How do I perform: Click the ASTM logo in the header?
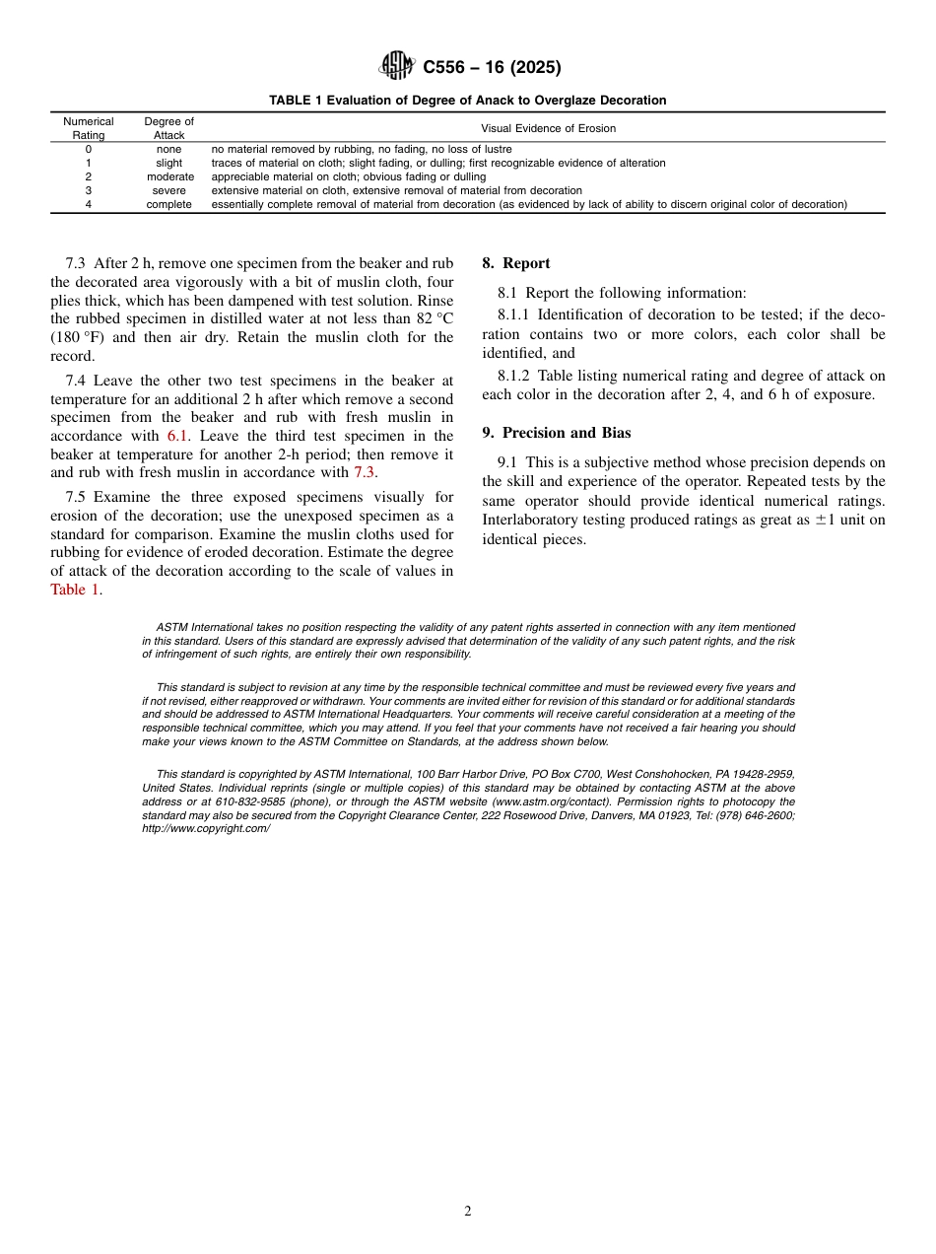(x=397, y=67)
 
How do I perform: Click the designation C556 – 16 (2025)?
(x=492, y=68)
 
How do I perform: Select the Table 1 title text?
(x=468, y=101)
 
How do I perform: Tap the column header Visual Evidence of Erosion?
(x=548, y=128)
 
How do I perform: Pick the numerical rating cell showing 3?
(x=89, y=190)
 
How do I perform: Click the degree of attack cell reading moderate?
(x=169, y=176)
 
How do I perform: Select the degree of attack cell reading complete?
(x=169, y=204)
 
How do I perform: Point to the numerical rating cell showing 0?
(x=89, y=149)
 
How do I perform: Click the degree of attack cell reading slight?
(x=169, y=163)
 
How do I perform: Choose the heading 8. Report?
(x=516, y=263)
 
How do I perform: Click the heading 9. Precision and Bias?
(x=557, y=433)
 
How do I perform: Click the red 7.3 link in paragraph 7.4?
(x=365, y=472)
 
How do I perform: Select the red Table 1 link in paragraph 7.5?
(x=75, y=590)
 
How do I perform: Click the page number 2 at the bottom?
(x=468, y=1212)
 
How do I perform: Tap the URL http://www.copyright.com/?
(x=206, y=829)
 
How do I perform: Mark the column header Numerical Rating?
(x=89, y=128)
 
